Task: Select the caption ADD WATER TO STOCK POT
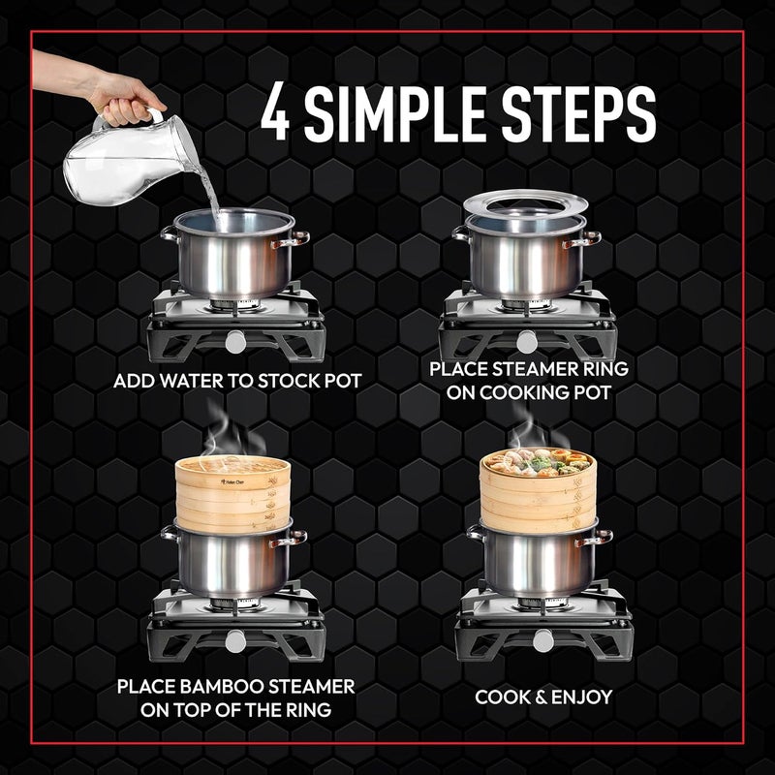(237, 381)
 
